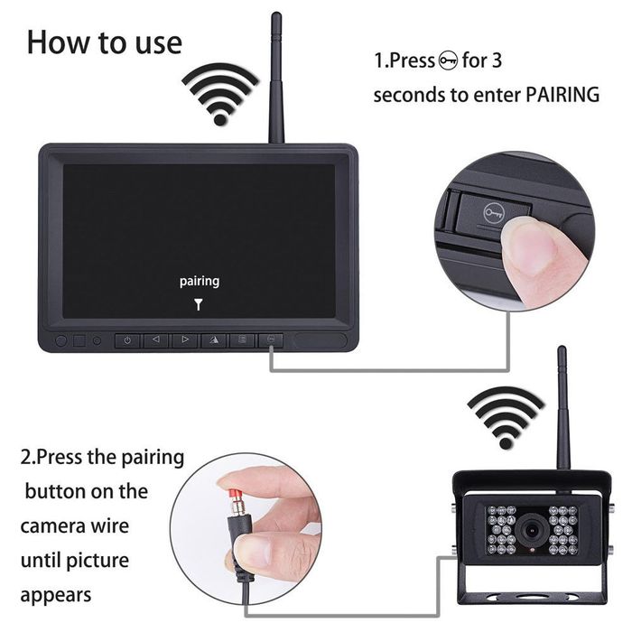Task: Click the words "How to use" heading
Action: [x=104, y=42]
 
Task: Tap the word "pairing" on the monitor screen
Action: [x=199, y=281]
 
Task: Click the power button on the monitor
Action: [x=127, y=340]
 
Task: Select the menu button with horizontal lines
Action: [x=241, y=340]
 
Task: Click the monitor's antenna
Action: [x=275, y=81]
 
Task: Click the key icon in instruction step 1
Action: [x=448, y=62]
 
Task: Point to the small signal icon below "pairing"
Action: [x=199, y=304]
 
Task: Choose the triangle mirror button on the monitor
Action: [x=214, y=340]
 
